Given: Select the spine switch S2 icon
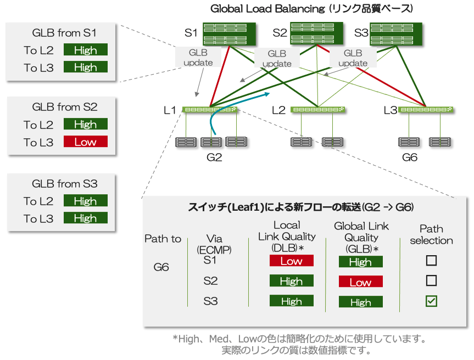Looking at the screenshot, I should click(316, 33).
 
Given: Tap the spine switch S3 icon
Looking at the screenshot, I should click(395, 33).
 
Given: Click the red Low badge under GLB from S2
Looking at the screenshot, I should click(85, 142).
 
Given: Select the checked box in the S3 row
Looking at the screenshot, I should click(432, 301).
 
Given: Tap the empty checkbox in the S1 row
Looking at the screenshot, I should click(432, 260).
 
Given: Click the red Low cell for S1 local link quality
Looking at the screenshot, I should click(291, 261).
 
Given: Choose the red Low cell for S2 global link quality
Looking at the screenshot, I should click(360, 282).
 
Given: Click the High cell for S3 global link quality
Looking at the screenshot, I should click(360, 302).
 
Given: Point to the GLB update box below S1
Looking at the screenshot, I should click(198, 58).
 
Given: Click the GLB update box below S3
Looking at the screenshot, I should click(353, 58).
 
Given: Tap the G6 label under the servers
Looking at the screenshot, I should click(410, 157).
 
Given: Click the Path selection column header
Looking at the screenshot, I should click(432, 234).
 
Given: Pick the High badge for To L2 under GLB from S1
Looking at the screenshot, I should click(85, 50).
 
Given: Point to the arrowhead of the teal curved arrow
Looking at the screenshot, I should click(269, 94).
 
